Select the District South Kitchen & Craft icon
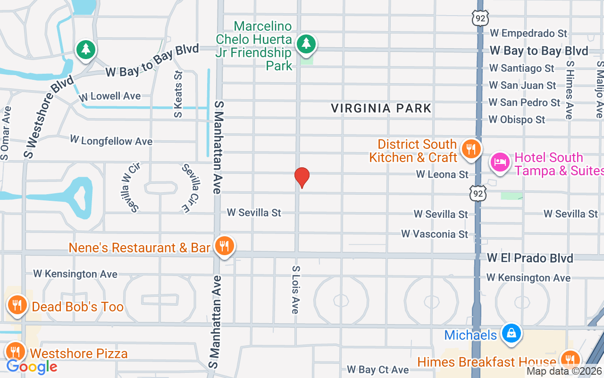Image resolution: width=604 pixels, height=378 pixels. [x=470, y=149]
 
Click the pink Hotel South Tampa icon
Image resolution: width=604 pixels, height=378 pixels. [x=500, y=163]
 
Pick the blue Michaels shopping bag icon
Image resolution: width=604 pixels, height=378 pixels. [x=511, y=334]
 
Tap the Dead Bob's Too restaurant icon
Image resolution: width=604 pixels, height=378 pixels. [x=17, y=306]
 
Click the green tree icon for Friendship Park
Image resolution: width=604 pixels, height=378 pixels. [x=307, y=44]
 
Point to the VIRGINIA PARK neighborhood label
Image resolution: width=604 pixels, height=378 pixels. [x=381, y=108]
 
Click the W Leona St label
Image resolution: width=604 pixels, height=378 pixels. [x=442, y=174]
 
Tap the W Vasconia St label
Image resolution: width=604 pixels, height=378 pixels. [x=435, y=234]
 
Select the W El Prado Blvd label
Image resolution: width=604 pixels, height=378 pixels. [x=530, y=258]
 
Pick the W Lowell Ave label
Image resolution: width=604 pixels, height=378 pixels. [x=110, y=96]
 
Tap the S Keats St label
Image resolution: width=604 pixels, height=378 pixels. [x=178, y=94]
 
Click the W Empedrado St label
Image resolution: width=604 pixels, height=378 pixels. [x=528, y=33]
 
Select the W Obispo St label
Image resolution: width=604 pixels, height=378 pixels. [x=517, y=120]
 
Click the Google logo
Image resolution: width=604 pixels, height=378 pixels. [x=32, y=367]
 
